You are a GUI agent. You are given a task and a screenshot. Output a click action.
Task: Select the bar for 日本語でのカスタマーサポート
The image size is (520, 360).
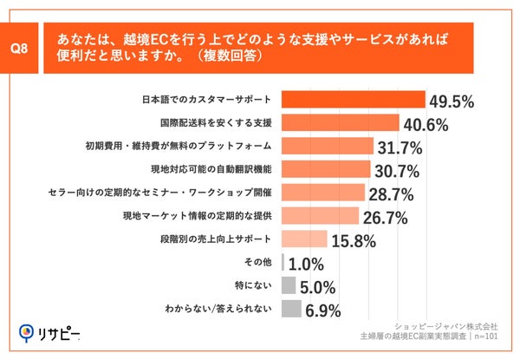coord(354,100)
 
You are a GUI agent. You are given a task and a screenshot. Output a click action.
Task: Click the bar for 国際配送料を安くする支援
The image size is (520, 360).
coord(341,123)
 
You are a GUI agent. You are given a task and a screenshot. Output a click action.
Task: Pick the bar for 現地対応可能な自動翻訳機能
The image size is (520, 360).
coord(327,168)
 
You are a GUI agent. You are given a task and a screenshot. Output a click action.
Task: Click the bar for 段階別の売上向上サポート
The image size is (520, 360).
coord(304,239)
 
